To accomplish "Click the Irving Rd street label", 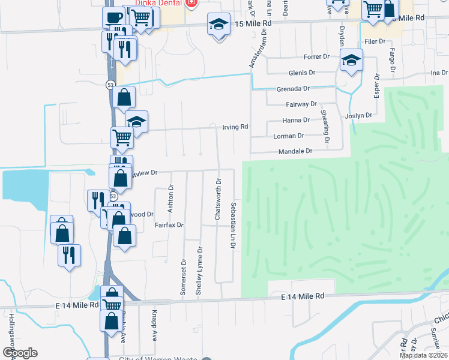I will click(x=235, y=127).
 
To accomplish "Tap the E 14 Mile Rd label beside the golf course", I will click(x=304, y=296).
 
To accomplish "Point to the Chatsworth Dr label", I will click(x=219, y=199).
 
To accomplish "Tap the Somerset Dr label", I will click(x=184, y=275).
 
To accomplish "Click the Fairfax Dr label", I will click(x=169, y=225).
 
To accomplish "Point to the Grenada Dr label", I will click(x=293, y=88).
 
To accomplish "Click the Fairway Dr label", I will click(x=301, y=104).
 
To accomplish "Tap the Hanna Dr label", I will click(x=295, y=120).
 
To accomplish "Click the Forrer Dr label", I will click(x=317, y=57).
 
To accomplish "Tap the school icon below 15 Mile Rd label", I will click(x=218, y=25).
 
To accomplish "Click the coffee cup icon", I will click(x=113, y=16).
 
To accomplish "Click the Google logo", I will click(x=20, y=353).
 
